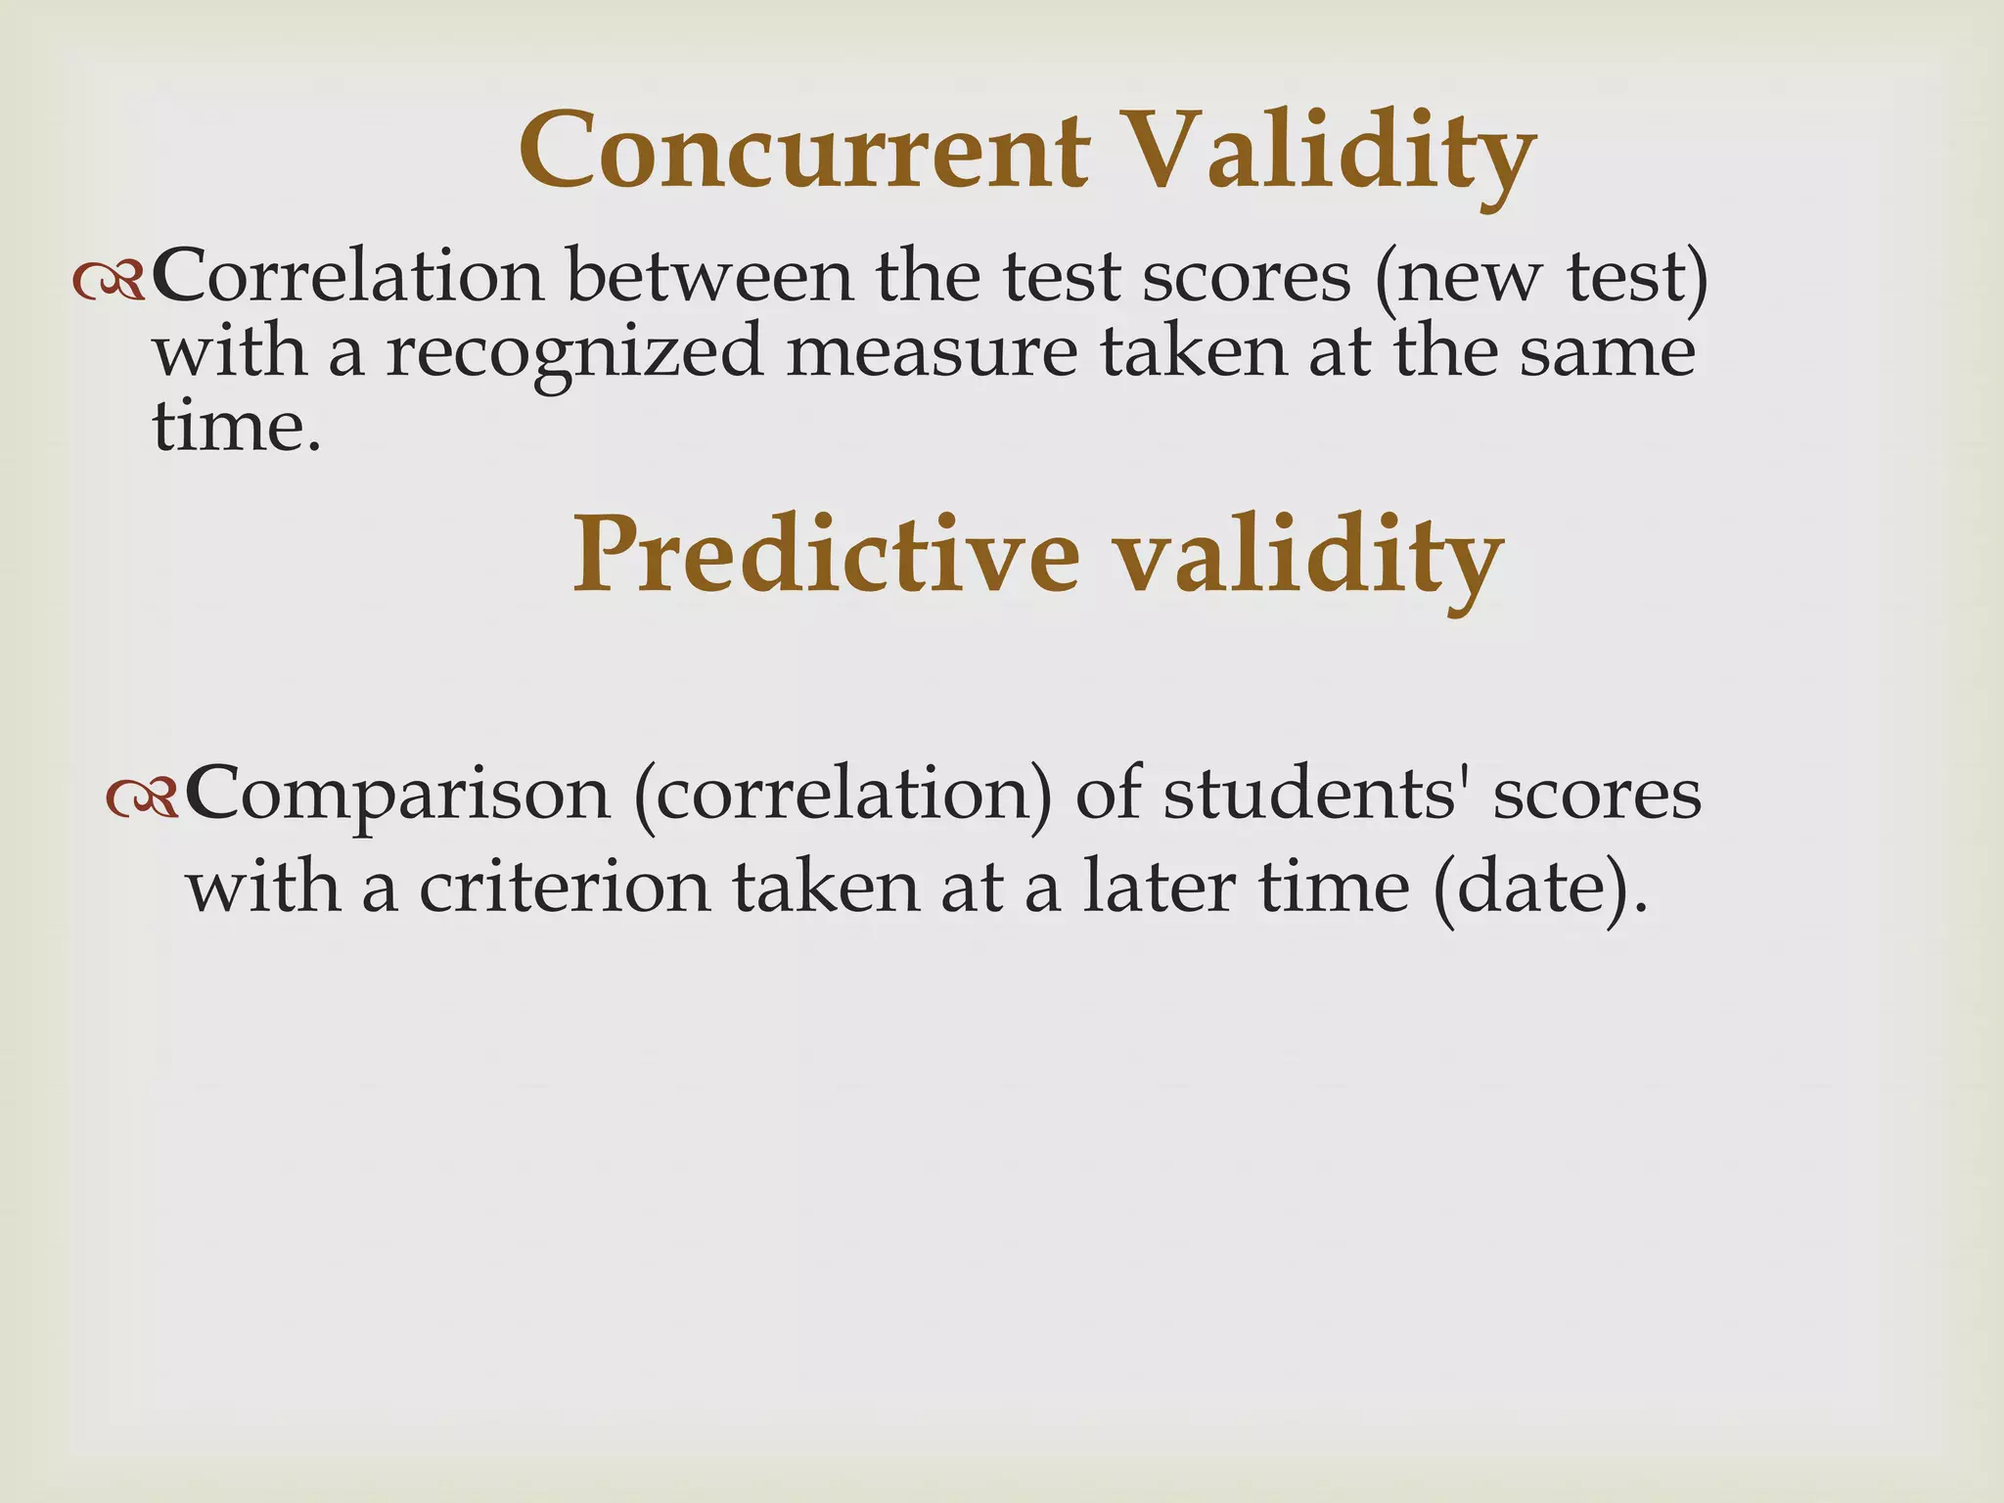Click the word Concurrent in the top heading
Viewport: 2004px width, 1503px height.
coord(804,152)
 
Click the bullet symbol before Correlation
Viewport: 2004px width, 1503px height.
coord(109,283)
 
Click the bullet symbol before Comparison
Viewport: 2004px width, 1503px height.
coord(142,798)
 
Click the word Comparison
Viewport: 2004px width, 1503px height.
coord(397,795)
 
